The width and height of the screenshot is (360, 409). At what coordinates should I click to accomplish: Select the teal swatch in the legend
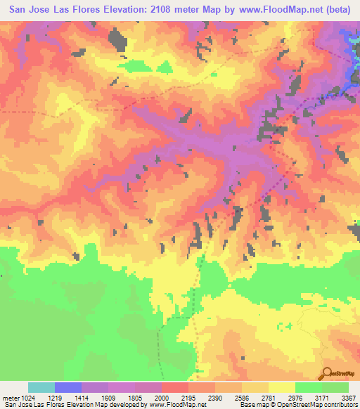41,387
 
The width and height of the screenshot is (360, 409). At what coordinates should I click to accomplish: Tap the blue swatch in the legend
68,387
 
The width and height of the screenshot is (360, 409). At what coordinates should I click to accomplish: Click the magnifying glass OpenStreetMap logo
328,372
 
